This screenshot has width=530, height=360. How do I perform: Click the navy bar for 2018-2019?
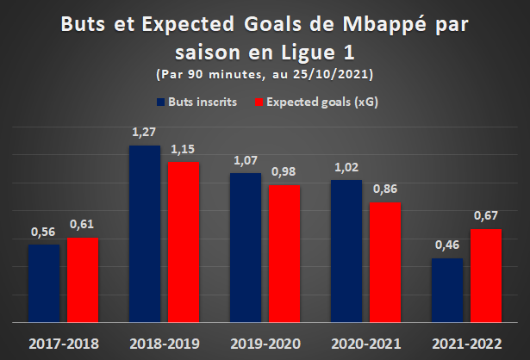tap(145, 234)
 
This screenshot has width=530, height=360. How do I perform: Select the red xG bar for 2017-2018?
tap(83, 280)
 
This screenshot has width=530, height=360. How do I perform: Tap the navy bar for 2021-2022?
tap(447, 290)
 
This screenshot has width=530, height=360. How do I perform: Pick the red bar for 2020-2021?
tap(385, 263)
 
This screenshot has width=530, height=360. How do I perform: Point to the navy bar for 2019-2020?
tap(246, 248)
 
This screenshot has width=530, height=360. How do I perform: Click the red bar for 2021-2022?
tap(486, 276)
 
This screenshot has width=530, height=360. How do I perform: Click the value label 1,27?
tap(144, 132)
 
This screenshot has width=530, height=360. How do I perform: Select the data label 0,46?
tap(447, 245)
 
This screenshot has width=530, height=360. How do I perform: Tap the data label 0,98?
tap(284, 171)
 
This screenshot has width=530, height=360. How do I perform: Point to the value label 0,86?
tap(385, 189)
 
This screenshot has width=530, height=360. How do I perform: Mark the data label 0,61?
tap(82, 224)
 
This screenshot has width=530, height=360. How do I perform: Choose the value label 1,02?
tap(346, 167)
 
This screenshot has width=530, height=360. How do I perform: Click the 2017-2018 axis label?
tap(64, 344)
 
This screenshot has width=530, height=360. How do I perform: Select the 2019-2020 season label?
tap(265, 344)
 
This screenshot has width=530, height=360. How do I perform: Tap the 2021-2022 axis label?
tap(467, 344)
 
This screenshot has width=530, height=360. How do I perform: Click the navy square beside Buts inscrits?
tap(160, 102)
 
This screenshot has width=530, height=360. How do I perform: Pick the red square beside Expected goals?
tap(259, 102)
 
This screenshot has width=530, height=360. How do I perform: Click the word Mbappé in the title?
tap(384, 25)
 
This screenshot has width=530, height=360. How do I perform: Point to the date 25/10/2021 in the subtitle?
tap(330, 74)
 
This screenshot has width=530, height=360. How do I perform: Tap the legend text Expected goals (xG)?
tap(322, 102)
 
